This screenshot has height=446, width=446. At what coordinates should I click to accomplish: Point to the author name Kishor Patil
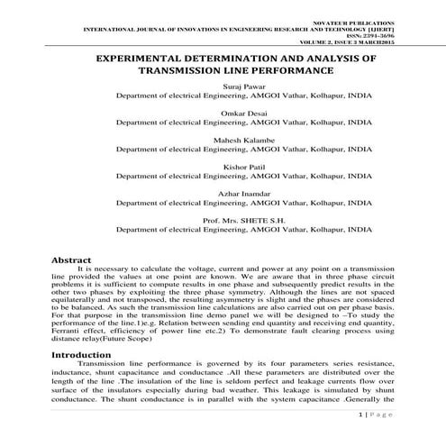(223, 167)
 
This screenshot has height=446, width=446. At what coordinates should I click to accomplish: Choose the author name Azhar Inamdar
(223, 192)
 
